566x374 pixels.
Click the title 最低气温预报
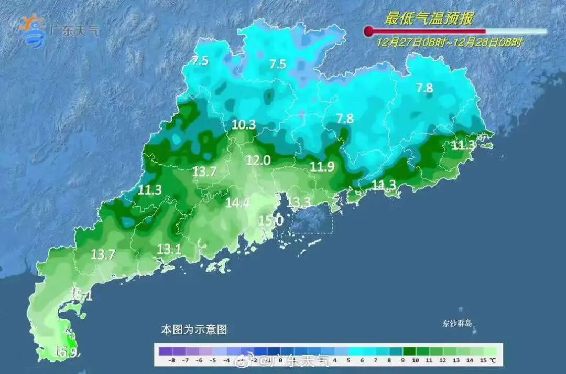click(429, 19)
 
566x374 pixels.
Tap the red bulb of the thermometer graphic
click(369, 31)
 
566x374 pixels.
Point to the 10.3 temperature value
click(244, 125)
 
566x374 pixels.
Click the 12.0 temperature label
click(258, 161)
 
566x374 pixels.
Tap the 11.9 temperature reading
click(322, 167)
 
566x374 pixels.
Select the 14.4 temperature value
click(237, 203)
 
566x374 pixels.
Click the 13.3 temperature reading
click(299, 202)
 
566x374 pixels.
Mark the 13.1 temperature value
click(169, 250)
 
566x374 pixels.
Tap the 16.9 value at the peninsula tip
click(67, 352)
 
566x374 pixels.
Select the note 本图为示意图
click(194, 330)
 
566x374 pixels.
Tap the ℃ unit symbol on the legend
click(493, 361)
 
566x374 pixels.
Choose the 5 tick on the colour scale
click(348, 361)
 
